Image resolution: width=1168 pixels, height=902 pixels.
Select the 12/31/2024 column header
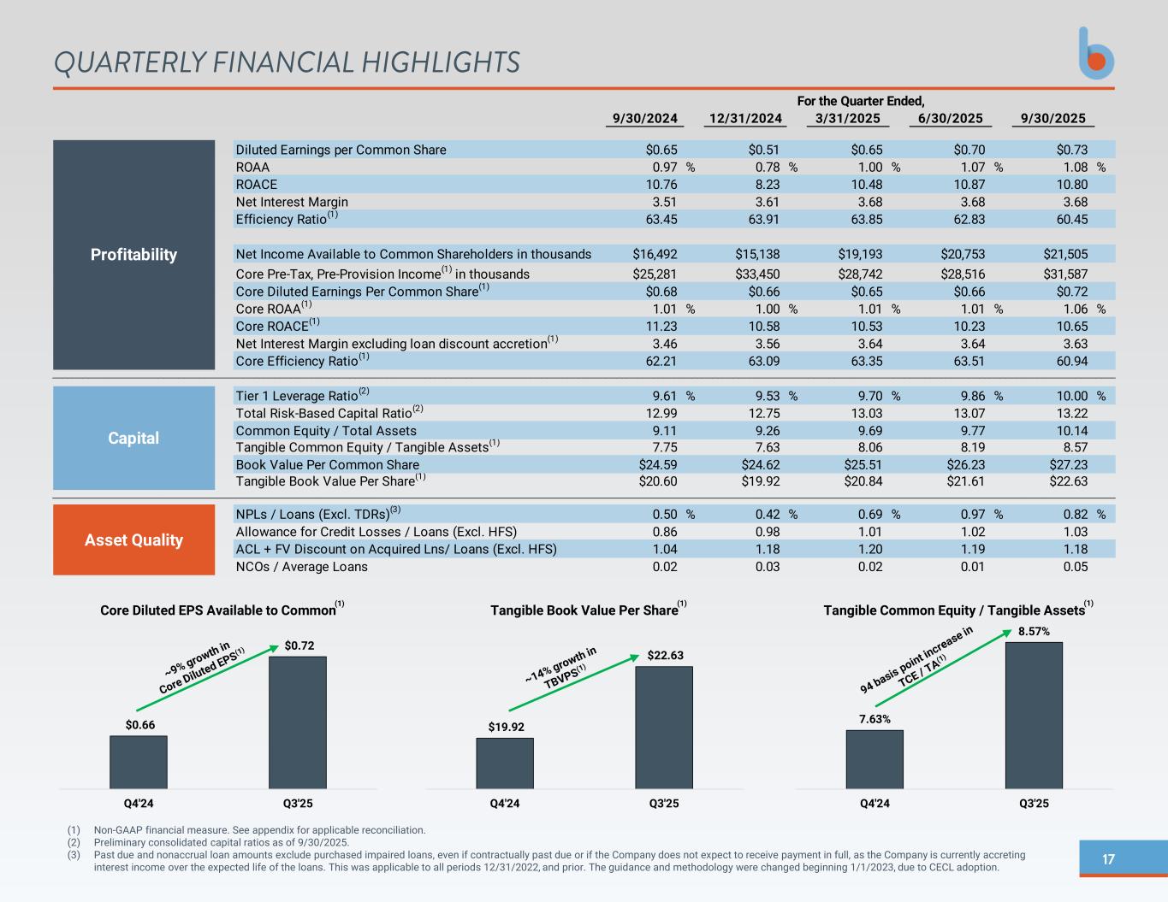click(744, 119)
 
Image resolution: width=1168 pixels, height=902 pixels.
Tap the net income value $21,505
click(1065, 254)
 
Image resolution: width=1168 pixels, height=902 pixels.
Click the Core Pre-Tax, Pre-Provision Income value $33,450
click(757, 274)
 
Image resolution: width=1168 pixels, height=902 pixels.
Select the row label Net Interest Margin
click(292, 202)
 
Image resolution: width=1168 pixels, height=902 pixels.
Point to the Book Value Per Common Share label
click(327, 465)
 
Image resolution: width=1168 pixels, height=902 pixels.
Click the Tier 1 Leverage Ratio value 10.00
click(1070, 396)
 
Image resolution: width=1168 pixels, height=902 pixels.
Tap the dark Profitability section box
click(133, 255)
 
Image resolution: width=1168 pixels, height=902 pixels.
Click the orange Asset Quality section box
click(133, 539)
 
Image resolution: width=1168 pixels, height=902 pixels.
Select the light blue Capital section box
click(133, 438)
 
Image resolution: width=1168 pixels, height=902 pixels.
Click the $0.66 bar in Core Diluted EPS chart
click(139, 762)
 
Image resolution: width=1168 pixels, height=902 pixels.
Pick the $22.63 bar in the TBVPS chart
click(663, 727)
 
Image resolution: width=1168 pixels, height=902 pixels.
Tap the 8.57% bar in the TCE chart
click(1034, 715)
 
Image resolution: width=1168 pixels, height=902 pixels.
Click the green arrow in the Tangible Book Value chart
click(573, 683)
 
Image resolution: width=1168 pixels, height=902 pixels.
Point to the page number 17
click(1108, 859)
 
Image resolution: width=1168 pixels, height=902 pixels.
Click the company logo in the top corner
click(1096, 54)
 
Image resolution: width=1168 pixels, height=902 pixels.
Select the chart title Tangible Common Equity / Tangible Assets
click(954, 610)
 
